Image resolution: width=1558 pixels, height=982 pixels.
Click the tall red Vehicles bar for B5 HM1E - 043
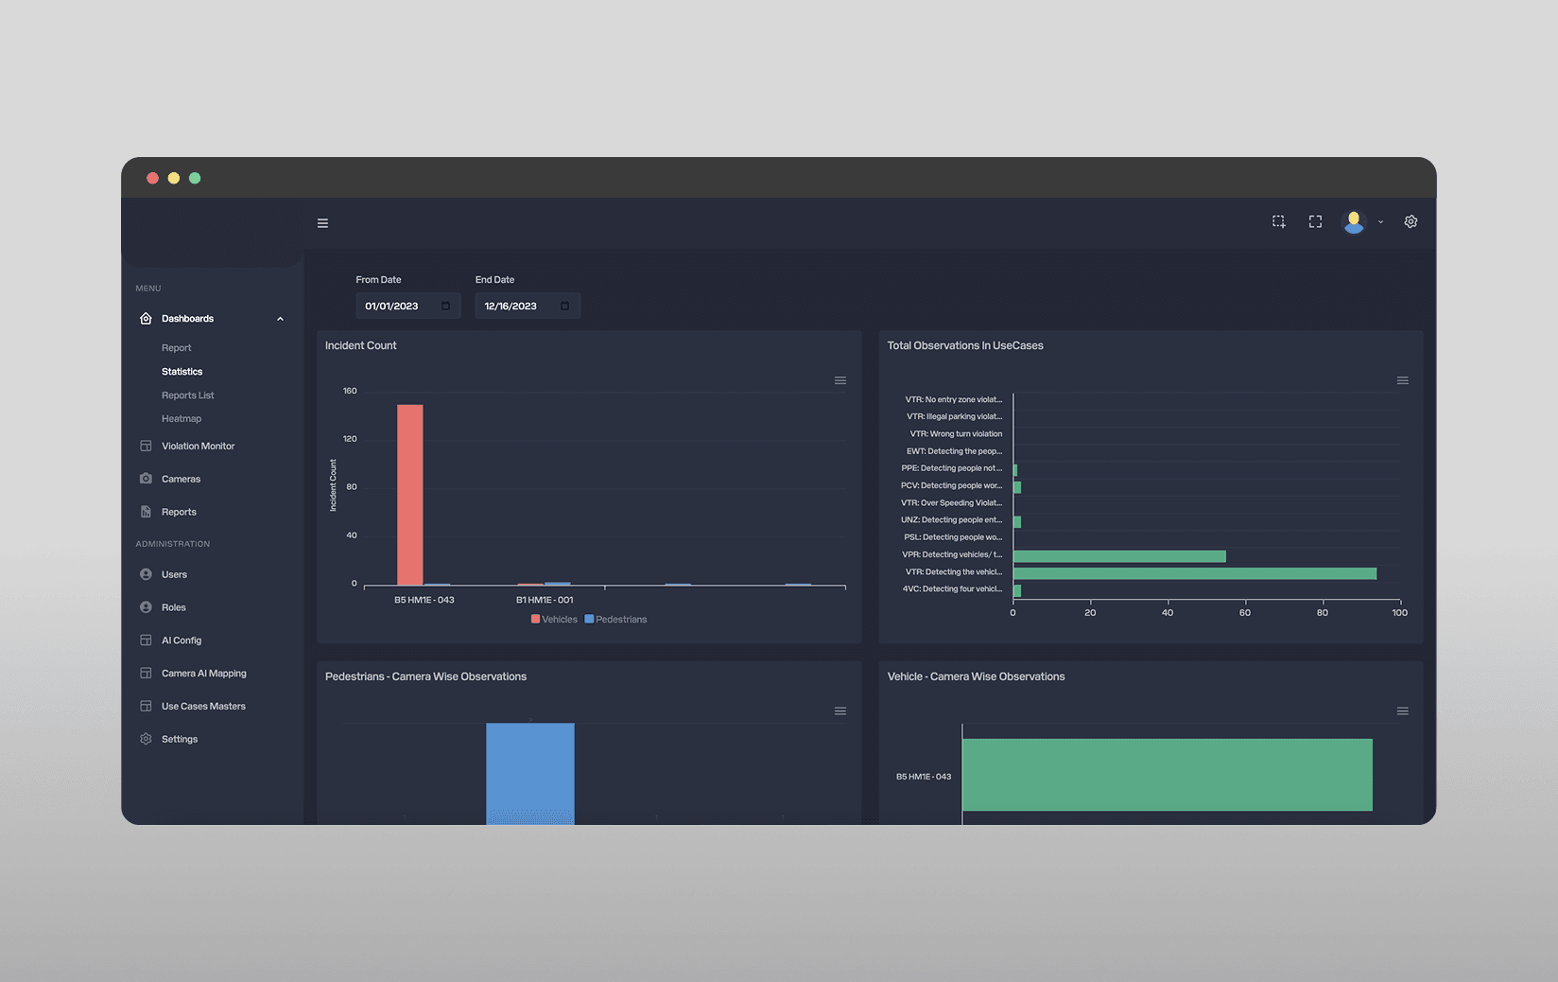tap(409, 495)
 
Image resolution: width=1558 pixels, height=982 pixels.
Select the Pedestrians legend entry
tap(615, 620)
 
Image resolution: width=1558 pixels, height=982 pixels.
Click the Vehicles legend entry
tap(554, 620)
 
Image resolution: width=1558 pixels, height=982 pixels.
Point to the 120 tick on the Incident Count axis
tap(350, 439)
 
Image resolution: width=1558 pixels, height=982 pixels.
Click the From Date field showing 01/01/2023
tap(407, 307)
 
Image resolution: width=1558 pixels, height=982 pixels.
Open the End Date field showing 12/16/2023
tap(528, 307)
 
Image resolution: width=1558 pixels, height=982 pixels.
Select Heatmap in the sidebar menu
tap(182, 418)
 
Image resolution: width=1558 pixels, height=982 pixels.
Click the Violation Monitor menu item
tap(198, 447)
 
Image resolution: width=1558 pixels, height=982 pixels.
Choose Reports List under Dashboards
tap(188, 395)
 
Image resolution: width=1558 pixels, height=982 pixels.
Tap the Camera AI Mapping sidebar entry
tap(204, 673)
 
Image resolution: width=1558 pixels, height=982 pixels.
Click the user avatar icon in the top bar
tap(1354, 222)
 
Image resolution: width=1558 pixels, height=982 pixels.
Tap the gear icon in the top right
tap(1411, 222)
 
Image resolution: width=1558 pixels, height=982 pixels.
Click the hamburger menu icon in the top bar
tap(322, 223)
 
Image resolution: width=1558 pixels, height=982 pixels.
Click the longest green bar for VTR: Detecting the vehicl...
tap(1195, 573)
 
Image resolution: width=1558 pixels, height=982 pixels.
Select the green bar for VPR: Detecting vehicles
tap(1119, 556)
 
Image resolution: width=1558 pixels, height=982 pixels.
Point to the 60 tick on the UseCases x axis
tap(1245, 613)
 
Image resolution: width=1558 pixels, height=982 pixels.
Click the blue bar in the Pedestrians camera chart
tap(530, 773)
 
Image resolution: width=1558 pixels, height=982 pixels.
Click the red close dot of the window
tap(152, 178)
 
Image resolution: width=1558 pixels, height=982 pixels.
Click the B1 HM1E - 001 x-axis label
tap(545, 600)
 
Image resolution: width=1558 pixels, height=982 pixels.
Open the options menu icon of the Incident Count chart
tap(840, 380)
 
